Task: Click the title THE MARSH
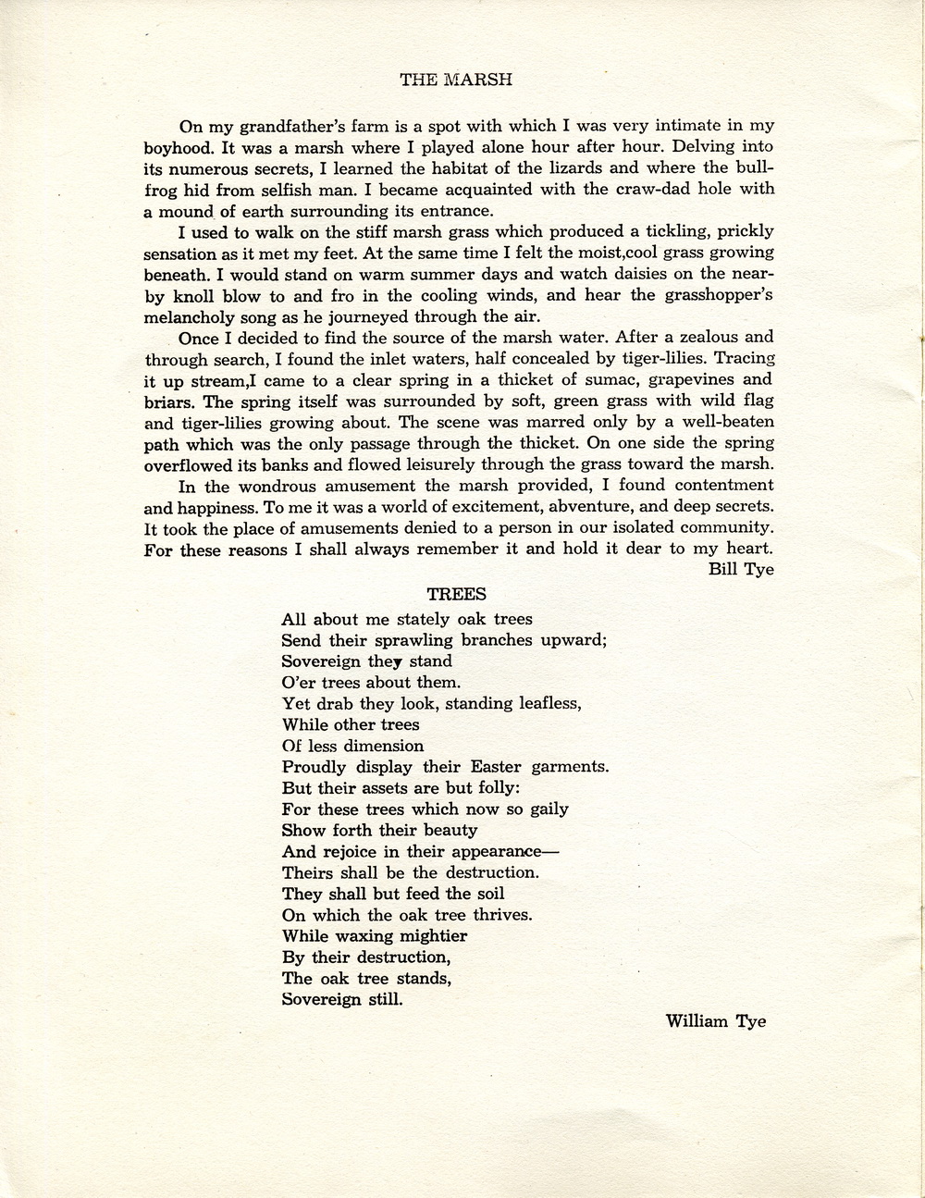456,80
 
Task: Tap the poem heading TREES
457,595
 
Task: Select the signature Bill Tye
741,570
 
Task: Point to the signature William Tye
715,1022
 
